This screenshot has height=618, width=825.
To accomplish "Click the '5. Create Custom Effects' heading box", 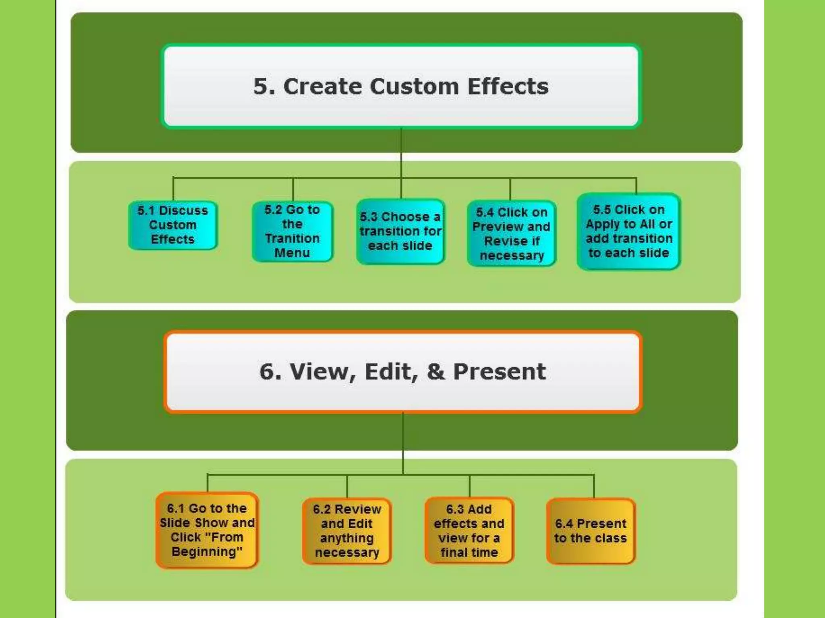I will pyautogui.click(x=401, y=87).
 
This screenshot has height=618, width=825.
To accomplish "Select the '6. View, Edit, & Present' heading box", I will pyautogui.click(x=402, y=371).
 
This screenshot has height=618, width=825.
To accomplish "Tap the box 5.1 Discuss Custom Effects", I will pyautogui.click(x=173, y=225).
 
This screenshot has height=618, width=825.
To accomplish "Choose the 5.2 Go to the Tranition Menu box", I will pyautogui.click(x=292, y=231).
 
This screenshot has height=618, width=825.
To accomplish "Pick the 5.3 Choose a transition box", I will pyautogui.click(x=400, y=231).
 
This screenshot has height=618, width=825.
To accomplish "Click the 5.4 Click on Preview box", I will pyautogui.click(x=511, y=233).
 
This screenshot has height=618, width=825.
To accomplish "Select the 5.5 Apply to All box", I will pyautogui.click(x=629, y=231).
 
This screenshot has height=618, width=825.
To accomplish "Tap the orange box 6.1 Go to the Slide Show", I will pyautogui.click(x=207, y=530).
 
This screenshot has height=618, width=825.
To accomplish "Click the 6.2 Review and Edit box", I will pyautogui.click(x=347, y=531).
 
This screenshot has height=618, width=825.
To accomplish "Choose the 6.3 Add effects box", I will pyautogui.click(x=469, y=531).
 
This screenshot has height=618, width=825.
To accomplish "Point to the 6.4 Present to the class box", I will pyautogui.click(x=591, y=531).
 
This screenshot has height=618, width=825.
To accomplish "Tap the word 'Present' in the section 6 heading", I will pyautogui.click(x=500, y=371).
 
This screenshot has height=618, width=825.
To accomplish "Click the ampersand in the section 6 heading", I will pyautogui.click(x=436, y=371).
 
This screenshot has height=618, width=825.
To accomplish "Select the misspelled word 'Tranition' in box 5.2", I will pyautogui.click(x=292, y=239).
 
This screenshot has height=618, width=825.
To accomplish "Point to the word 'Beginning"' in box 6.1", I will pyautogui.click(x=207, y=552).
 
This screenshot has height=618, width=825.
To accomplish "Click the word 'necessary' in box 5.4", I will pyautogui.click(x=512, y=255).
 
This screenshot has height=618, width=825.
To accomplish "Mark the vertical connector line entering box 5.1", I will pyautogui.click(x=173, y=189).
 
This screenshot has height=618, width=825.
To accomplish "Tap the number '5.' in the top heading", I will pyautogui.click(x=264, y=87).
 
